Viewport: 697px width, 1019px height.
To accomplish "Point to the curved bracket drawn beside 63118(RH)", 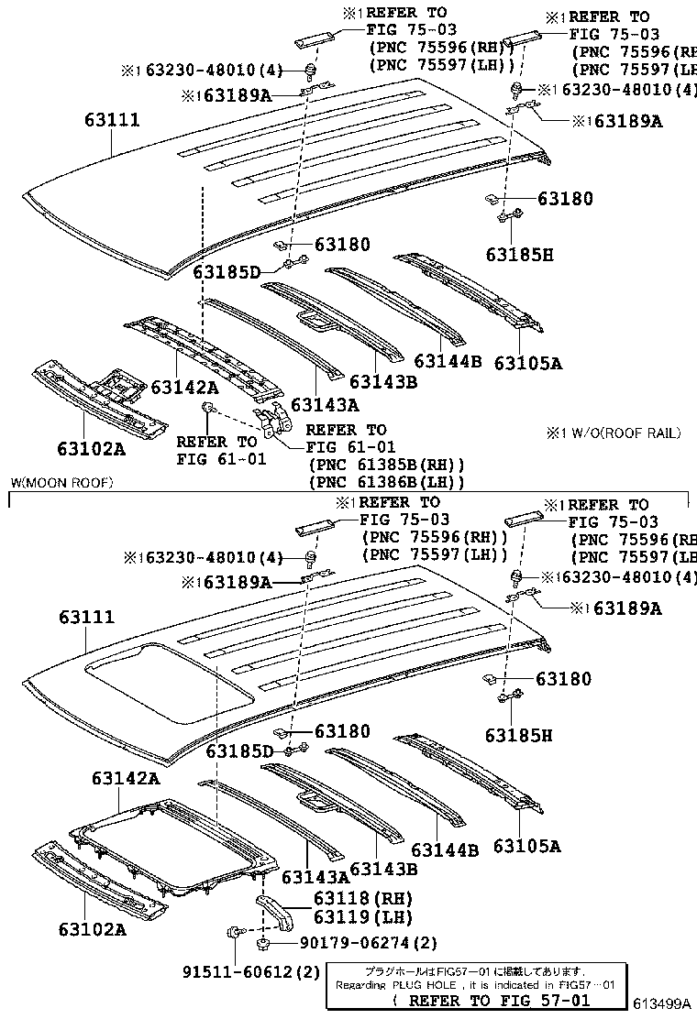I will [275, 913].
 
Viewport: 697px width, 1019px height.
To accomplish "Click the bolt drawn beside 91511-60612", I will [231, 934].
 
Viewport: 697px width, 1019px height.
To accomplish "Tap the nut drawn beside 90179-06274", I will [261, 942].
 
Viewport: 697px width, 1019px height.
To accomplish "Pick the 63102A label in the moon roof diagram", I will [91, 929].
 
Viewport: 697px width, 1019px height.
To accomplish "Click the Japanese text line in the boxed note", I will [475, 971].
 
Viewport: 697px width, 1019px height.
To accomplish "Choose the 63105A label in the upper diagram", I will [527, 363].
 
